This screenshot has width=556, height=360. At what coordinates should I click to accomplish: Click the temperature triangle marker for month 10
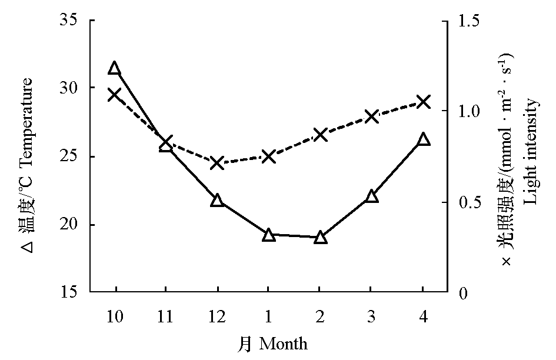pos(115,69)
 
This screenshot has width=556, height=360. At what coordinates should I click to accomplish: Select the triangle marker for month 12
pos(217,201)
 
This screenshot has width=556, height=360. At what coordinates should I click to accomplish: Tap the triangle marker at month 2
pos(320,238)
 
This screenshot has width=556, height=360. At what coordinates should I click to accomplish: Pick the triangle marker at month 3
pos(371,196)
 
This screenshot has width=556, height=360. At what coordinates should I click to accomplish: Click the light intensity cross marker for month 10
pos(115,95)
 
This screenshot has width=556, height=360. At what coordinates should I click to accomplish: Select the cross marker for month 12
pos(217,163)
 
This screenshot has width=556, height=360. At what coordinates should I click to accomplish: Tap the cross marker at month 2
pos(320,135)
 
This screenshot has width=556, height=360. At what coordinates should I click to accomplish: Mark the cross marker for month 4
pos(423,102)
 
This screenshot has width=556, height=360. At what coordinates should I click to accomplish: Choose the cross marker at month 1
pos(269,156)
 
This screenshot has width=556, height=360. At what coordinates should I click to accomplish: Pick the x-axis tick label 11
pos(166,318)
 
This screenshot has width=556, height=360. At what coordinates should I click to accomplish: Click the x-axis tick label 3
pos(371,318)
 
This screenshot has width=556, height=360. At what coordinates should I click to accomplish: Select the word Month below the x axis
pos(283,344)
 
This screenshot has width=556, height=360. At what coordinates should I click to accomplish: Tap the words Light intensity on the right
pos(531,152)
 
